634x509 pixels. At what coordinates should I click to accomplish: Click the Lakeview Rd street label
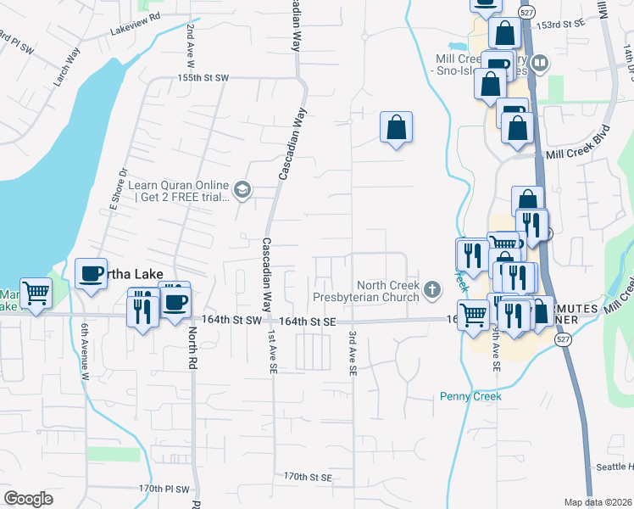[x=135, y=27]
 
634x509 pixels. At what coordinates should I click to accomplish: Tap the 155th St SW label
[x=203, y=77]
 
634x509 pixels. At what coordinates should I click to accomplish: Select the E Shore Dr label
[x=118, y=188]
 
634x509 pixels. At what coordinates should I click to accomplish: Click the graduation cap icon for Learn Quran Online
[x=242, y=189]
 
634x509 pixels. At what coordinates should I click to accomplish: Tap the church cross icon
[x=432, y=290]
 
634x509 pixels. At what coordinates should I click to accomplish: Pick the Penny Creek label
[x=470, y=396]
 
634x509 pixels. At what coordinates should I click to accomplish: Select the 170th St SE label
[x=307, y=478]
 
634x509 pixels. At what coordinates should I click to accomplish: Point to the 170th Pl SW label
[x=164, y=489]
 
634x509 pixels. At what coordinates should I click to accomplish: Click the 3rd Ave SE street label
[x=351, y=352]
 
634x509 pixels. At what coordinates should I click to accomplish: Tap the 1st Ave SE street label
[x=272, y=353]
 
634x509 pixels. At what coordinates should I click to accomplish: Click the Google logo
[x=28, y=499]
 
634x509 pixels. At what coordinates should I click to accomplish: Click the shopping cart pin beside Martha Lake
[x=36, y=294]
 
